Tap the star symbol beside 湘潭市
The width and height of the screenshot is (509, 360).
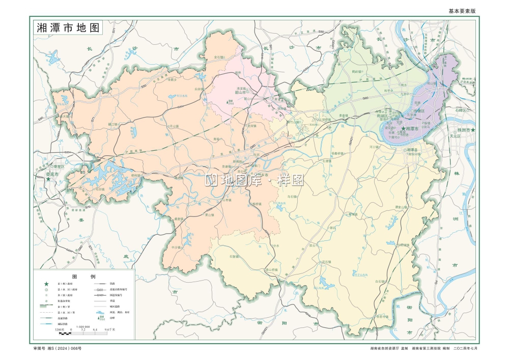point(404,130)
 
